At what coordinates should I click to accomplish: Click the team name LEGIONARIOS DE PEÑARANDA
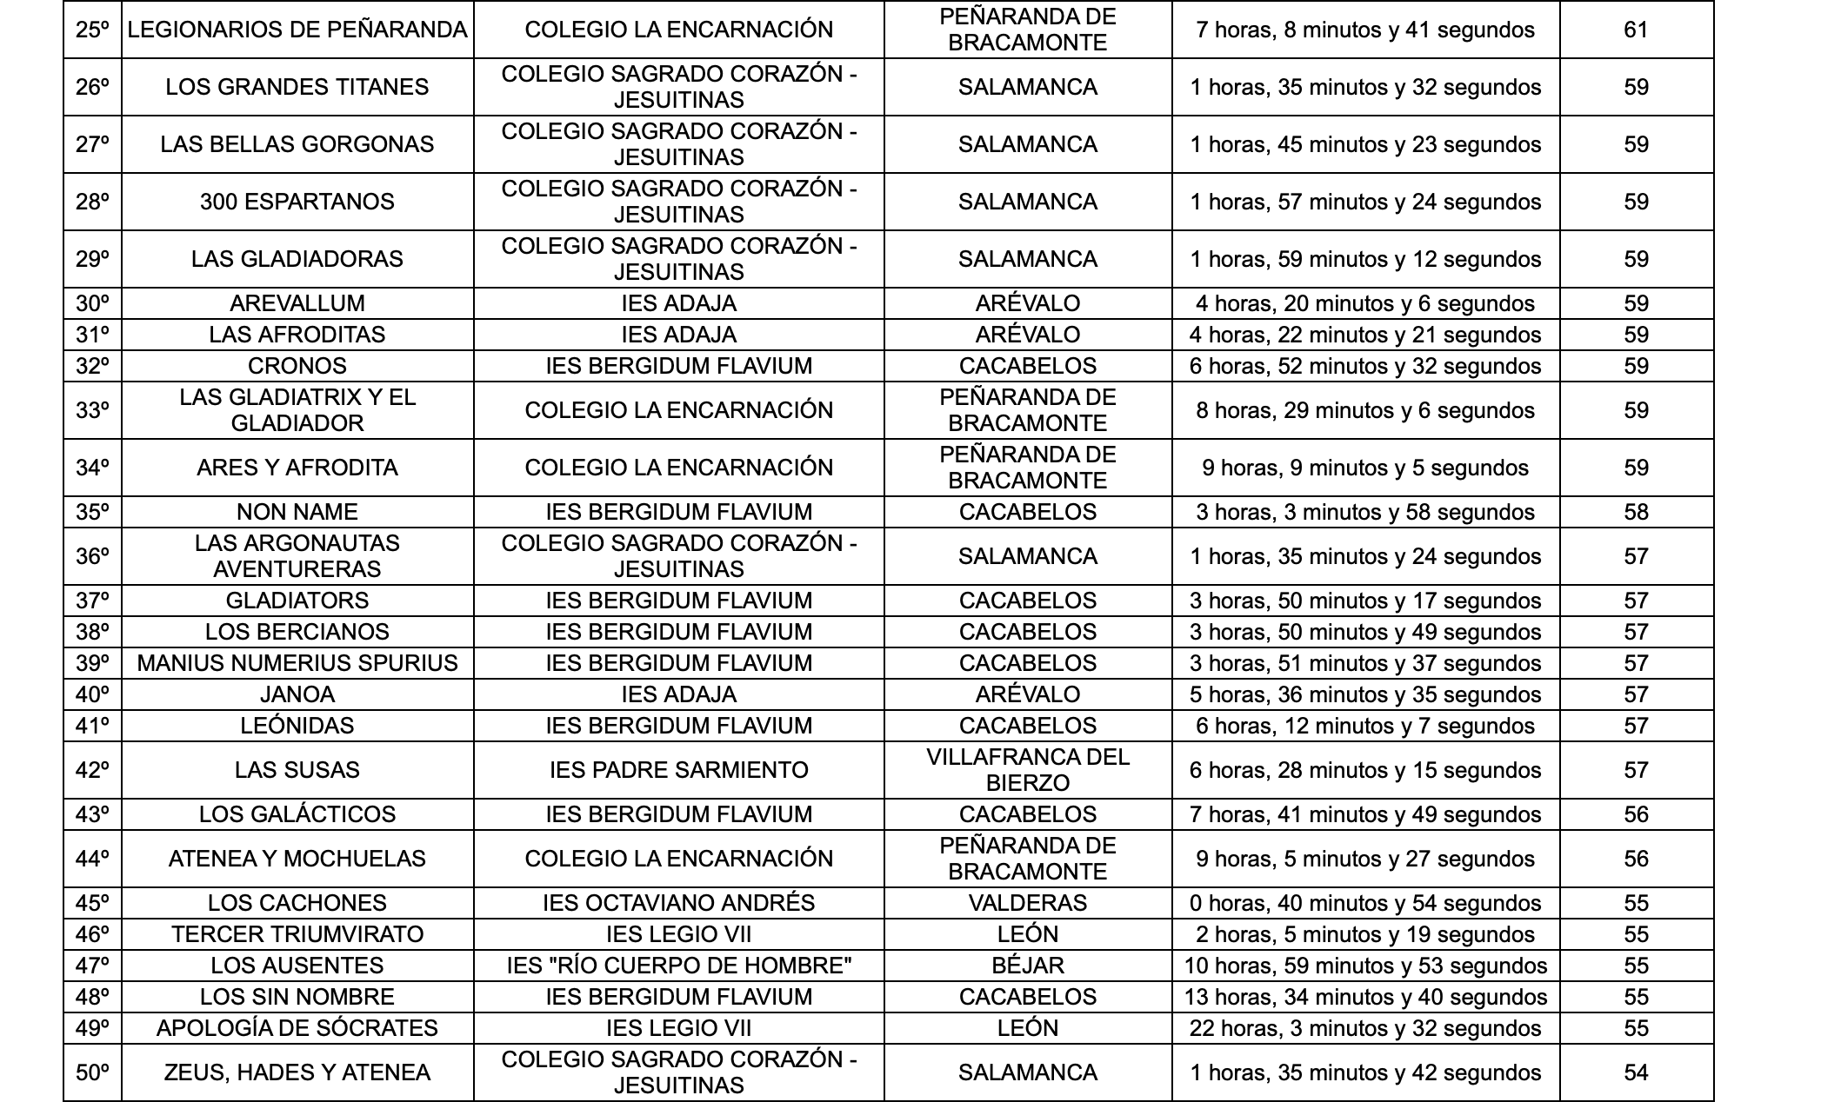click(297, 30)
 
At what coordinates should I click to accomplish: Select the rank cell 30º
click(92, 304)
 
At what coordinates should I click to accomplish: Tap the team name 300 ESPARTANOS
click(297, 202)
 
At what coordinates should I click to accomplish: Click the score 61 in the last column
click(1636, 30)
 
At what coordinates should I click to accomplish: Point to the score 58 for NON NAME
click(1636, 513)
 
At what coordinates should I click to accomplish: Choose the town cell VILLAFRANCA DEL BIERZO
click(1028, 771)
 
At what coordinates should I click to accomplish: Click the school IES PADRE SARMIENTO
click(678, 771)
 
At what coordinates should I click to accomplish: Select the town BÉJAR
click(1028, 966)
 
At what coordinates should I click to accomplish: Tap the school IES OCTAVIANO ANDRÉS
click(678, 904)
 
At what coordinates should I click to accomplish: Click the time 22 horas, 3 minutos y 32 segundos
click(1365, 1029)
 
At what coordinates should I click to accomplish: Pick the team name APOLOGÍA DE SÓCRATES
click(297, 1029)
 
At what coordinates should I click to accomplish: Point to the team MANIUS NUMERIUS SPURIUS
click(297, 664)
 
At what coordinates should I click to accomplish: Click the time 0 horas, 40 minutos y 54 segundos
click(1365, 904)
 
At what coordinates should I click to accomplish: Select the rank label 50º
click(92, 1073)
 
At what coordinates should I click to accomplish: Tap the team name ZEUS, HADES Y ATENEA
click(297, 1073)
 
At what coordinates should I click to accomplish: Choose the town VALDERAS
click(1028, 904)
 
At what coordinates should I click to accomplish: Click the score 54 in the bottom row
click(1636, 1073)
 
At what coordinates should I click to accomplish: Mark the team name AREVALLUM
click(297, 304)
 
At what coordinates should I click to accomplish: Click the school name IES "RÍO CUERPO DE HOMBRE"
click(678, 966)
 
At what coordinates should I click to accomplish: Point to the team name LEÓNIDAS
click(297, 727)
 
